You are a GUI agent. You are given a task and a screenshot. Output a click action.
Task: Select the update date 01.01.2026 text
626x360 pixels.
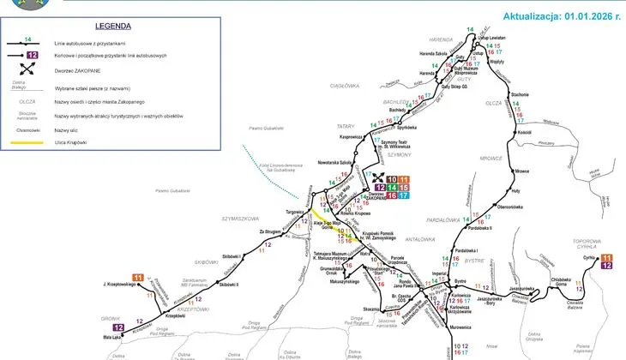pos(562,15)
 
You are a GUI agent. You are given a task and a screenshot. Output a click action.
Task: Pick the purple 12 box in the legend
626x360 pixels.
pos(31,55)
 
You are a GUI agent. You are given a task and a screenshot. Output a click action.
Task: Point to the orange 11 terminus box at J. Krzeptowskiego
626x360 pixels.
pos(137,277)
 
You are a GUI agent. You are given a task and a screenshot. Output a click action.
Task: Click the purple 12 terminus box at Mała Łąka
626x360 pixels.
pos(118,327)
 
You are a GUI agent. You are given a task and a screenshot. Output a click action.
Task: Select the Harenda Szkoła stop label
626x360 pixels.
pos(434,53)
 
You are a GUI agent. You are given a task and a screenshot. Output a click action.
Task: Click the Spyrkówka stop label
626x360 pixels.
pos(419,126)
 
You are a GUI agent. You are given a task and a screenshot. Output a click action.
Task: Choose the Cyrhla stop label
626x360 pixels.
pos(589,256)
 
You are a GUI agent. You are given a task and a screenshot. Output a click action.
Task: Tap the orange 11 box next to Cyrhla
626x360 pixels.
pos(606,256)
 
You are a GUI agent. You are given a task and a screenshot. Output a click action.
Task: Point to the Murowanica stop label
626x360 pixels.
pos(460,326)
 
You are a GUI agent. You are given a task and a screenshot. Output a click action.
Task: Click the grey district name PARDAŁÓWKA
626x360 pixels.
pos(448,219)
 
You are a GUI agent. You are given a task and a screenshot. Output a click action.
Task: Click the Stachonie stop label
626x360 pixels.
pos(520,93)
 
